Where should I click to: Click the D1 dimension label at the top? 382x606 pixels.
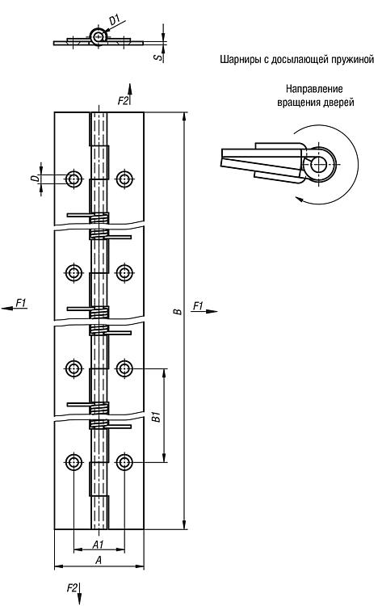[115, 20]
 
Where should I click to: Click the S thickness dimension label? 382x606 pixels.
[157, 57]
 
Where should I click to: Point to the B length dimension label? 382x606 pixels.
[178, 311]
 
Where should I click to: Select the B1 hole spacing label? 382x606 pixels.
[156, 417]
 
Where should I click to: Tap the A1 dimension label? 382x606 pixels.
[99, 544]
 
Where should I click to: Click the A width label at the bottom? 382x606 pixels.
[99, 560]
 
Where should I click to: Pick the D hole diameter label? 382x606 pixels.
[35, 179]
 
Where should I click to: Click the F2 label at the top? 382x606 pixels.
[123, 100]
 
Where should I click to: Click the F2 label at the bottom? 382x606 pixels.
[72, 588]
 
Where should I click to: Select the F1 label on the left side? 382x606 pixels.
[21, 303]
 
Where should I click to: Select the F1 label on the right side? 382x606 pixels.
[198, 306]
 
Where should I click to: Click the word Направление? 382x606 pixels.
[314, 89]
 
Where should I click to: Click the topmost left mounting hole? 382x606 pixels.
[73, 179]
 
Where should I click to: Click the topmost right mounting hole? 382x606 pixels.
[124, 179]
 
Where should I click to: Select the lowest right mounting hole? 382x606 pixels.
[124, 462]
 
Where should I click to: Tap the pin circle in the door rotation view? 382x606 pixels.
[320, 165]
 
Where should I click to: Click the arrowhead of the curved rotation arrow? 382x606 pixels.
[299, 199]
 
